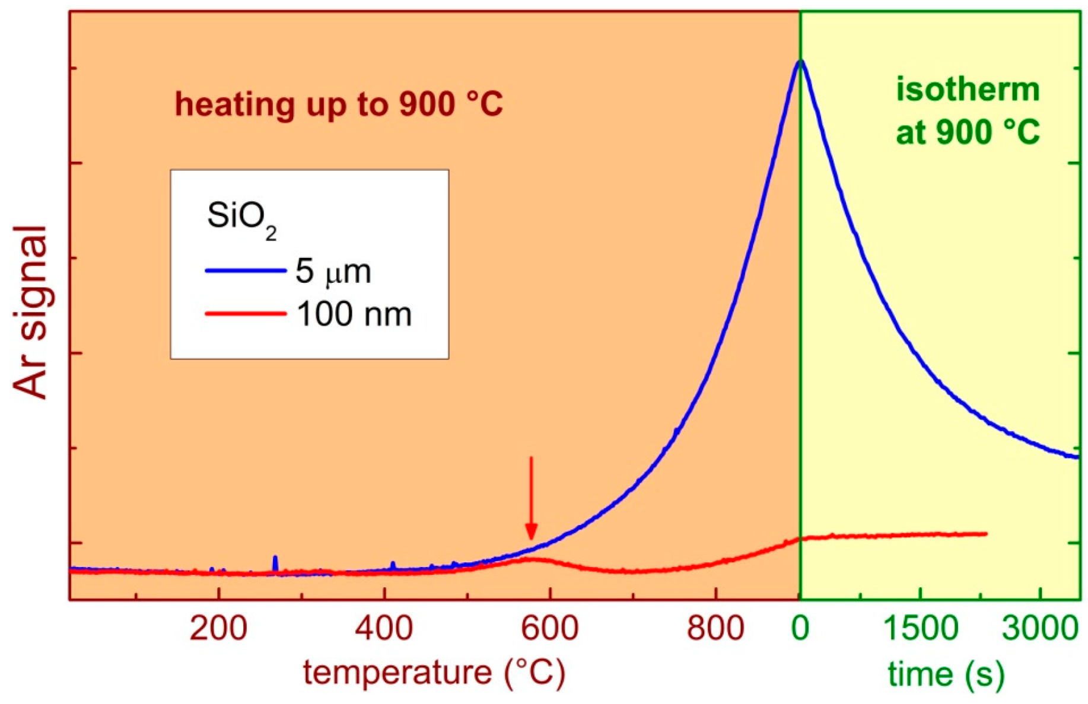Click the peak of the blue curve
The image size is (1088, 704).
coord(800,61)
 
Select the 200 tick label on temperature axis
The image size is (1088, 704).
coord(219,627)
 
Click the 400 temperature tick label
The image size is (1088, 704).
coord(384,627)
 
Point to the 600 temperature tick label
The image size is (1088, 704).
coord(550,627)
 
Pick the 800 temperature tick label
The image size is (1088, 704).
coord(715,627)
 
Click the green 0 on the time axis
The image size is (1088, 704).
coord(800,627)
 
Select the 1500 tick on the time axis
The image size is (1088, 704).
coord(921,627)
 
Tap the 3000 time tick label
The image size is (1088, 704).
coord(1040,627)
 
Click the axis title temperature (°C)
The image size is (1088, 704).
coord(434,673)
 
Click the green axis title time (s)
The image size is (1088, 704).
coord(946,674)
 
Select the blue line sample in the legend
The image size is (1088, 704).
coord(246,271)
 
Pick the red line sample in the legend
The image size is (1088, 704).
coord(246,313)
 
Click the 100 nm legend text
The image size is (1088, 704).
coord(354,314)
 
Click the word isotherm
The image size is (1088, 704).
coord(968,90)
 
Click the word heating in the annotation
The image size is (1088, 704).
coord(234,105)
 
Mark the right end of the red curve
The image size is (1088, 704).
coord(985,534)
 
